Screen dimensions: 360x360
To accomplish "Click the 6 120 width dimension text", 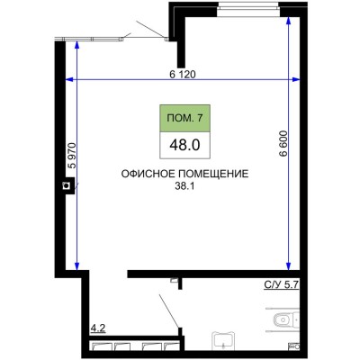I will click(183, 74).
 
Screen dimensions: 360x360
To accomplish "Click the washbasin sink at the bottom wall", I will click(223, 339).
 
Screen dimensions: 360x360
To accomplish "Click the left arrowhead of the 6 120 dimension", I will click(72, 82).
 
